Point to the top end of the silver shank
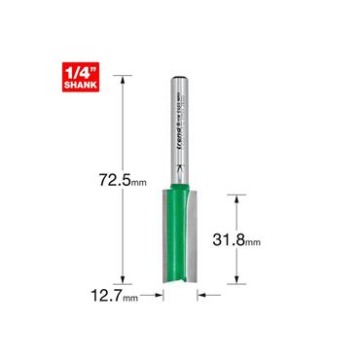point(180,79)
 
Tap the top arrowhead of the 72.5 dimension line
point(122,82)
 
